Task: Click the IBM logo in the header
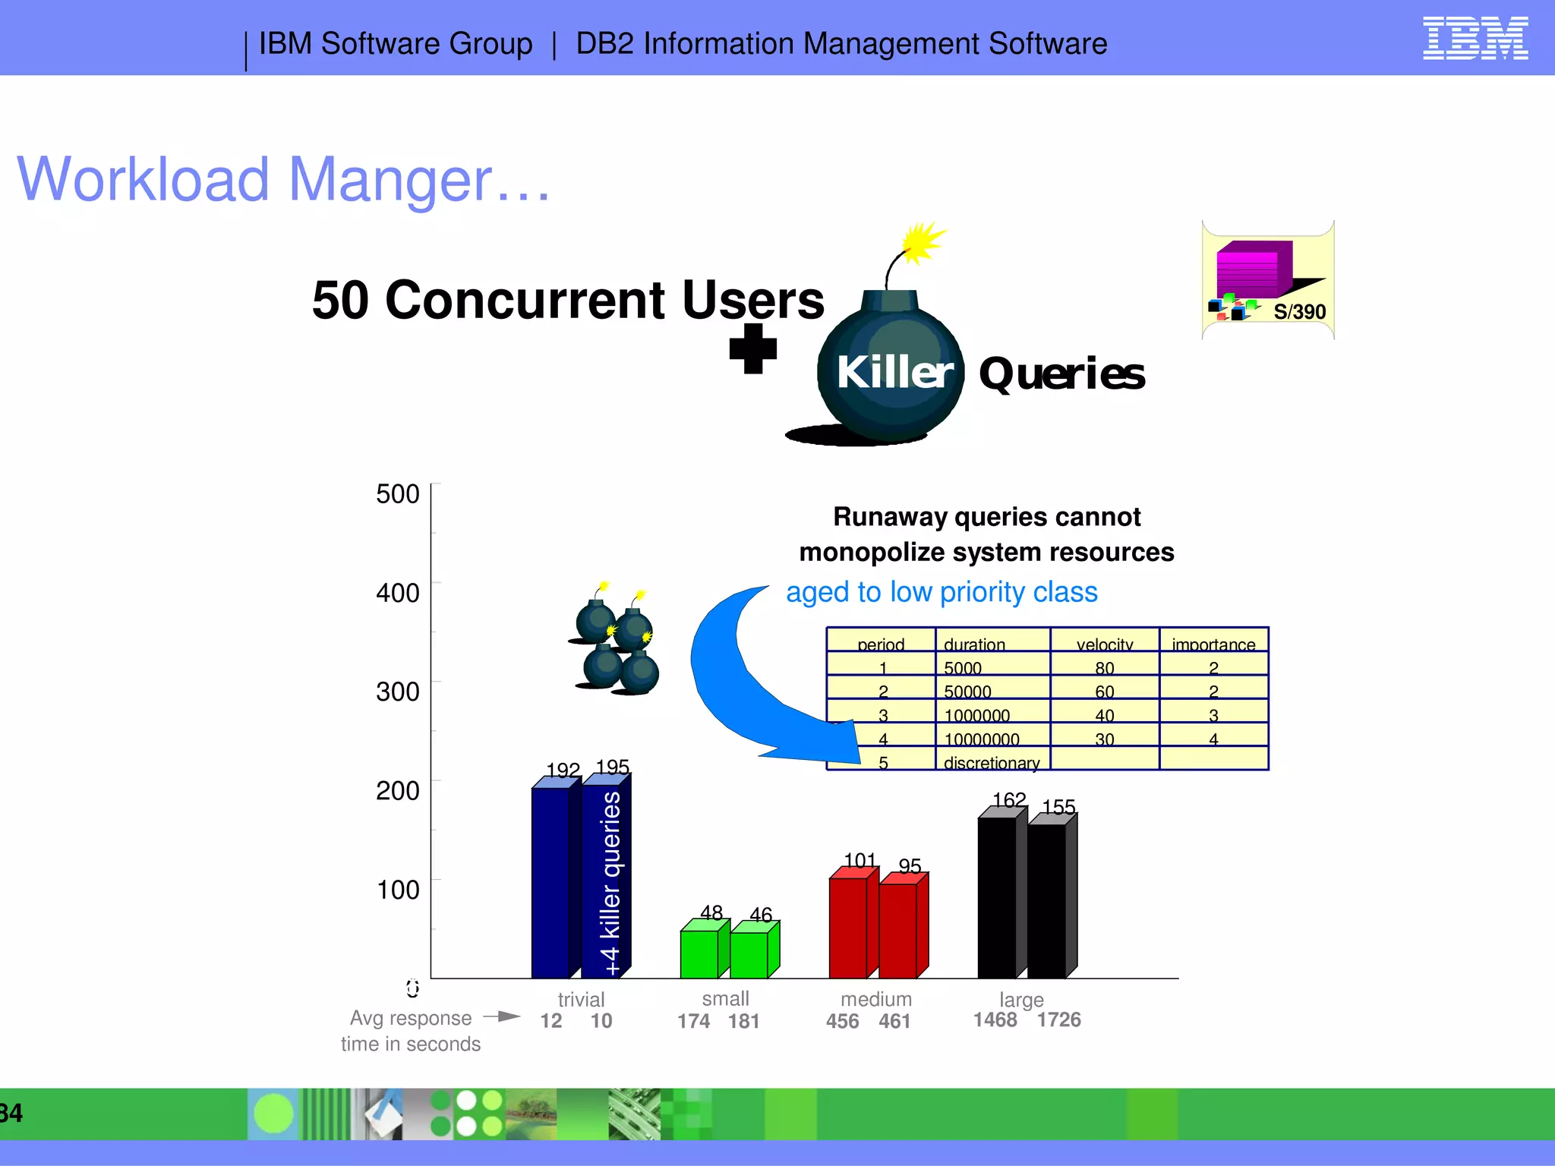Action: click(1475, 39)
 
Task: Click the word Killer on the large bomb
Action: click(894, 373)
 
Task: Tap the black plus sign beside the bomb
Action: click(752, 349)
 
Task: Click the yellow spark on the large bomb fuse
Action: click(922, 242)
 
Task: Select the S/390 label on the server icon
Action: click(1299, 312)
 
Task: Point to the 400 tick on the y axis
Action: click(398, 593)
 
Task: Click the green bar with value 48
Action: click(699, 953)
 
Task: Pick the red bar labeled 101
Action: click(848, 928)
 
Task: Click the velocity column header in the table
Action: click(1104, 644)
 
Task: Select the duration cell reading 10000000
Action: click(981, 739)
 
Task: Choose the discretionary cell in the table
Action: click(991, 763)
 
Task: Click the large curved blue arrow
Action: click(729, 683)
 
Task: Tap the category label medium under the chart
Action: click(875, 999)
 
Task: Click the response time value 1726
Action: click(1058, 1019)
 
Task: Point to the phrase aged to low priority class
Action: click(942, 592)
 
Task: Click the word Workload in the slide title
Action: click(144, 180)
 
